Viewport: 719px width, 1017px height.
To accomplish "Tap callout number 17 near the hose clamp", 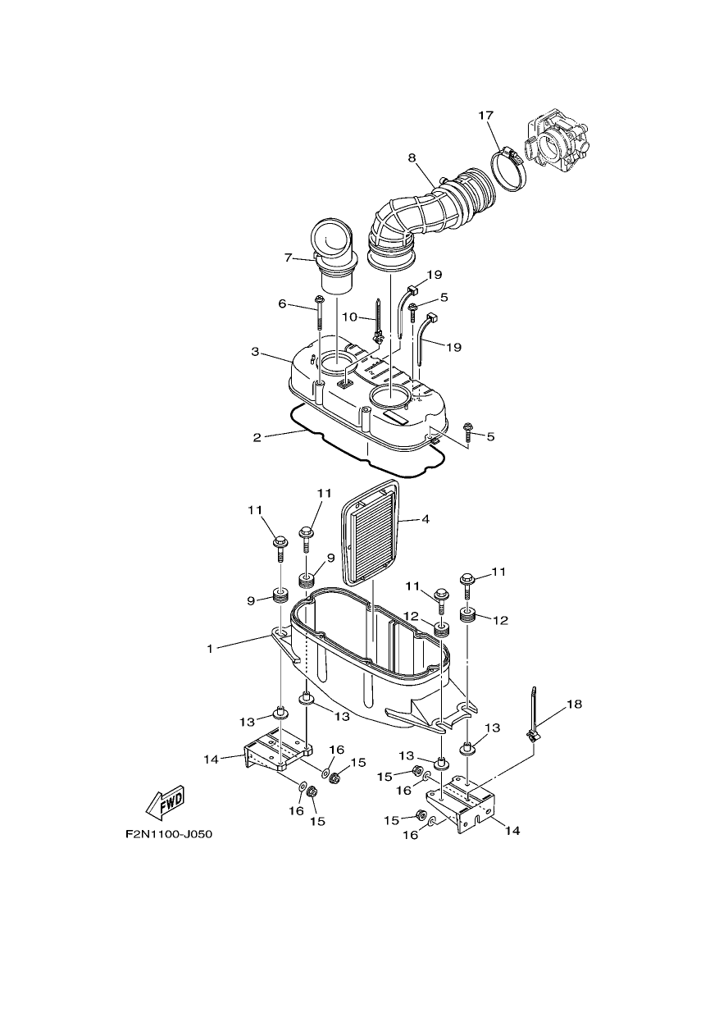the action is [x=485, y=116].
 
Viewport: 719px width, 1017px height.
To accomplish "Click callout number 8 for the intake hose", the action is [x=412, y=158].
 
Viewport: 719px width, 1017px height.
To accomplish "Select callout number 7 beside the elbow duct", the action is [x=287, y=258].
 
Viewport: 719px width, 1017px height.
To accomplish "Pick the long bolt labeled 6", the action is [x=320, y=324].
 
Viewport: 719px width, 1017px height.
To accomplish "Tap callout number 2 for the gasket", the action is [x=257, y=439].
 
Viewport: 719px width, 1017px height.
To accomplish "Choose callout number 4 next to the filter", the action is [x=425, y=519].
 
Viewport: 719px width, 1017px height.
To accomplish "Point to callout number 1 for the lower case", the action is [x=210, y=650].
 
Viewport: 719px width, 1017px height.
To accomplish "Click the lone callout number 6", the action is [x=282, y=303].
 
